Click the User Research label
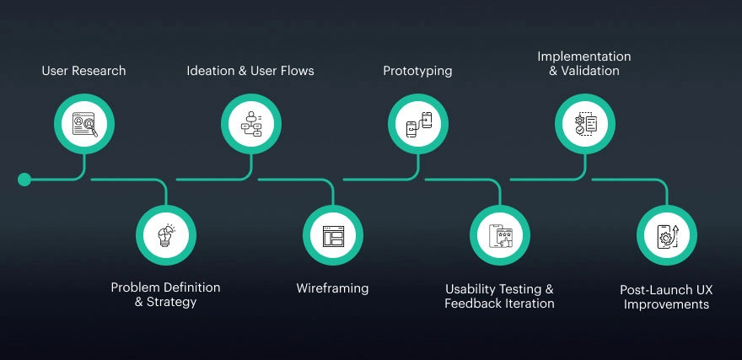click(x=83, y=71)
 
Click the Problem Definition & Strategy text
click(x=165, y=294)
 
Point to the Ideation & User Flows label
click(x=250, y=71)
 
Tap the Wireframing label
click(x=332, y=288)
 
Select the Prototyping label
click(x=417, y=71)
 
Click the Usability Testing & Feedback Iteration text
click(x=499, y=296)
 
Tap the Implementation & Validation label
click(x=584, y=63)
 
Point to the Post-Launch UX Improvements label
click(x=666, y=297)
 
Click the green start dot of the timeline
click(x=24, y=180)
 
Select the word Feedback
click(x=473, y=304)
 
